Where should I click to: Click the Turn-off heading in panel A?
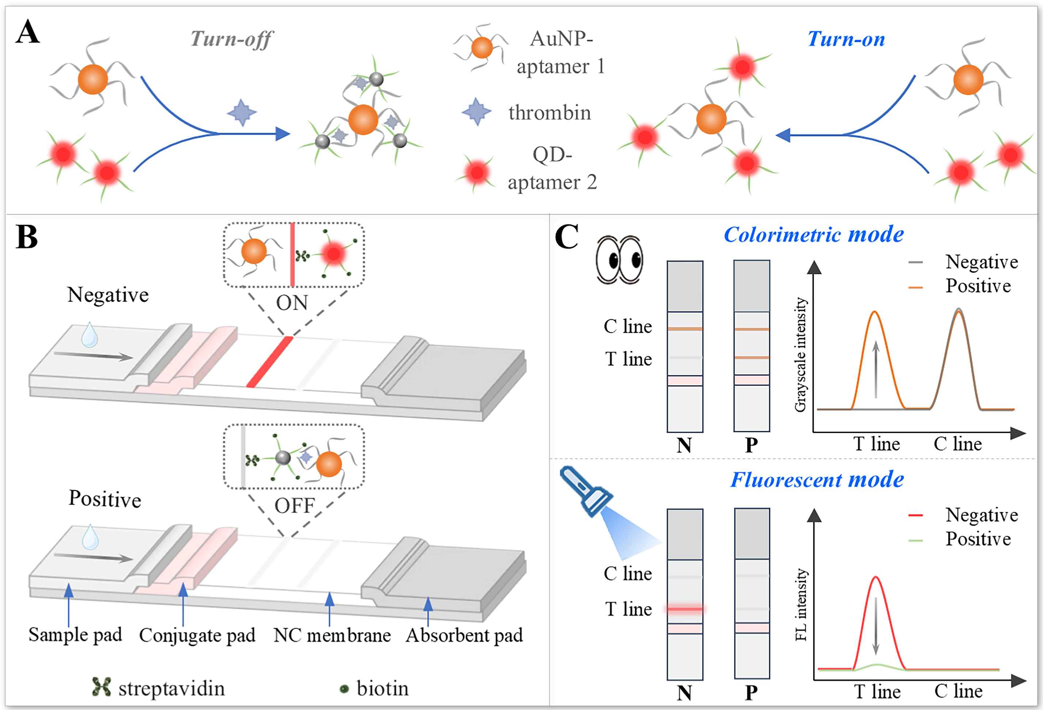[x=231, y=39]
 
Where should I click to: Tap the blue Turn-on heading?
[x=846, y=39]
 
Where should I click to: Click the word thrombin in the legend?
[x=549, y=112]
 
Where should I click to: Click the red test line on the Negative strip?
[x=270, y=362]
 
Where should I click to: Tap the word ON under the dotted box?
[x=292, y=303]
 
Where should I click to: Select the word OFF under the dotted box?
[x=294, y=506]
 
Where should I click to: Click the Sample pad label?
[x=75, y=635]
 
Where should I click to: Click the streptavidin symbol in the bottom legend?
[x=101, y=687]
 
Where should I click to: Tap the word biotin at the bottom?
[x=382, y=688]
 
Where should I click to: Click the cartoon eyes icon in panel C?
[x=619, y=260]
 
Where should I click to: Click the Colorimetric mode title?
[x=813, y=235]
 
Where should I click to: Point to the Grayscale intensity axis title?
[x=800, y=355]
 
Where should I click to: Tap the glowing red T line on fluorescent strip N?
[x=685, y=609]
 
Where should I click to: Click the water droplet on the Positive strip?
[x=90, y=537]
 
